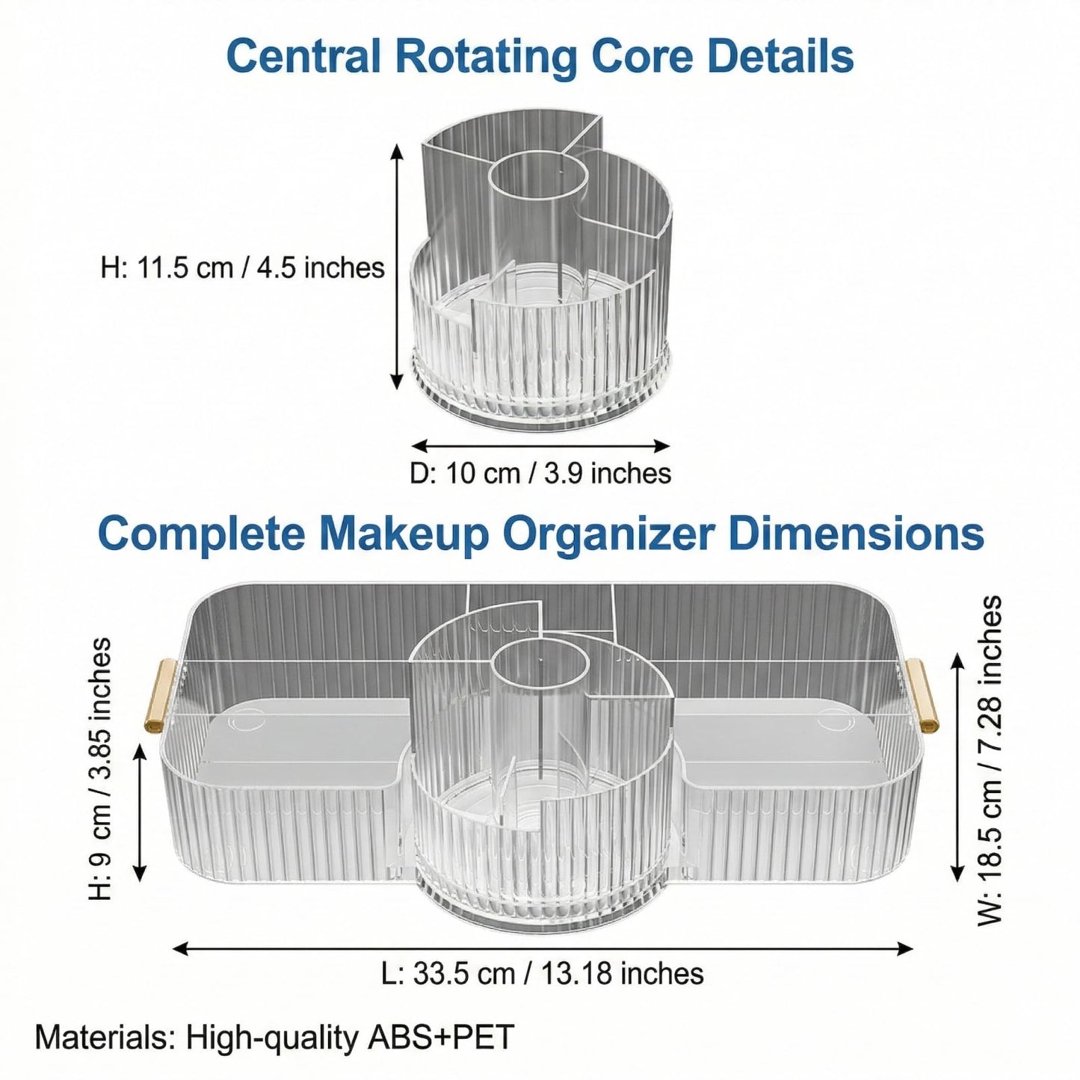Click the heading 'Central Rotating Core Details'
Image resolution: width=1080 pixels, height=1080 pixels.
click(x=540, y=56)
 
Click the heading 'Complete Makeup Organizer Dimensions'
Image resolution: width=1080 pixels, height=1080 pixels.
click(x=541, y=534)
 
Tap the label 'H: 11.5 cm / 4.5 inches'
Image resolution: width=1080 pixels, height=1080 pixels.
click(x=243, y=268)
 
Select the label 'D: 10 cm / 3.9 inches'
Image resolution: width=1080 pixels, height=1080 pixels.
click(x=540, y=473)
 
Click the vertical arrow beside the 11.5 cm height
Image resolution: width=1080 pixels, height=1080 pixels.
click(x=397, y=266)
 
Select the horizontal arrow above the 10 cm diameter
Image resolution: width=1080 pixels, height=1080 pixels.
click(x=540, y=446)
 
